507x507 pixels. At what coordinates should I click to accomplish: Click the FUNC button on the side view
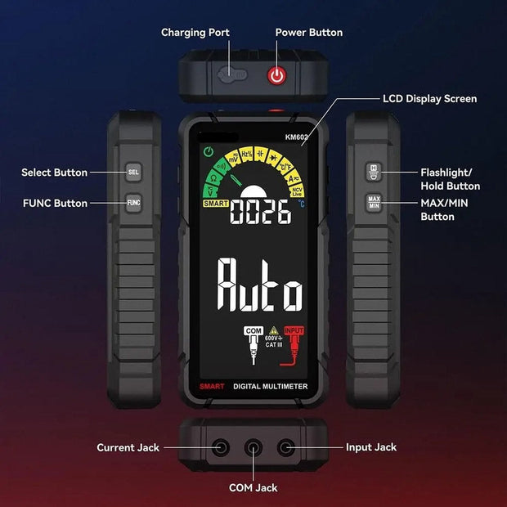pyautogui.click(x=134, y=202)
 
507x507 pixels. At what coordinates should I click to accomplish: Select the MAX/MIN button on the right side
pyautogui.click(x=374, y=202)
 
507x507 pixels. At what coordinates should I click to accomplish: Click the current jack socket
pyautogui.click(x=222, y=447)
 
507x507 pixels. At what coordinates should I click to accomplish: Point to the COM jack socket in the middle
pyautogui.click(x=254, y=447)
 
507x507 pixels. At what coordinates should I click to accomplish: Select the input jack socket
pyautogui.click(x=285, y=447)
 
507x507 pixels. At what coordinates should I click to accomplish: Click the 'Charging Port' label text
pyautogui.click(x=195, y=33)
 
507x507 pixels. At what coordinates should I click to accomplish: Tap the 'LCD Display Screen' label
pyautogui.click(x=429, y=99)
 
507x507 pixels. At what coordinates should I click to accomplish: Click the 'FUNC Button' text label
pyautogui.click(x=55, y=203)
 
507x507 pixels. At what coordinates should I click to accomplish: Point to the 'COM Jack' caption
pyautogui.click(x=253, y=487)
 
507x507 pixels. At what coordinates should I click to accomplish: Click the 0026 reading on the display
pyautogui.click(x=261, y=213)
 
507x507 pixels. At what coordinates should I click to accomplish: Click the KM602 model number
pyautogui.click(x=297, y=137)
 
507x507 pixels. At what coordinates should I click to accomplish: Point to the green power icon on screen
pyautogui.click(x=209, y=151)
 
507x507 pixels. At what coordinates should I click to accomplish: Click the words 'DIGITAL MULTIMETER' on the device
pyautogui.click(x=270, y=386)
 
